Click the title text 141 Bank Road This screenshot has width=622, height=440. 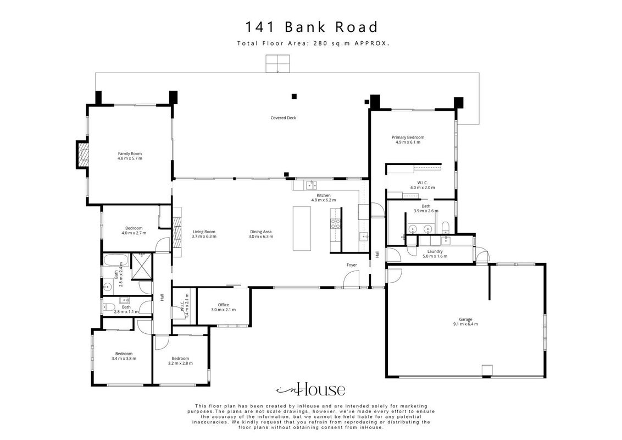coord(312,27)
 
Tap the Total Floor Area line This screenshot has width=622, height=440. coord(313,43)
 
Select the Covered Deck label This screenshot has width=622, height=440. coord(283,118)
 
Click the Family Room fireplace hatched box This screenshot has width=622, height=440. coord(82,154)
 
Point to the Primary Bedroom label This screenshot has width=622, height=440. coord(408,140)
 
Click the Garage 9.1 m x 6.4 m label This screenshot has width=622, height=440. coord(466,322)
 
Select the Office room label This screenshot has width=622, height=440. coord(223,307)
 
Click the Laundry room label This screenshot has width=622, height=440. coord(435,254)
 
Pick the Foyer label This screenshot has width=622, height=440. coord(352,265)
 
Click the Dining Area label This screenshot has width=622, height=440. coord(260,234)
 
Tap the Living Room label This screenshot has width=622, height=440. coord(204,234)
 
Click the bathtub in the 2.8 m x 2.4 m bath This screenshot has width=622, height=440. coord(116,261)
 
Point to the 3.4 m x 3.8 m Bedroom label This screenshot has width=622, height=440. coord(124,356)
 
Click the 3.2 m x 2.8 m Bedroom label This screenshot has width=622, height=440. coord(180,361)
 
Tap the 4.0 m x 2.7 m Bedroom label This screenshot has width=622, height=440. coord(134,230)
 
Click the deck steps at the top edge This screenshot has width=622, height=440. coord(278,64)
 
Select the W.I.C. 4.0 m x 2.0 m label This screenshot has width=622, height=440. coord(423,185)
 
